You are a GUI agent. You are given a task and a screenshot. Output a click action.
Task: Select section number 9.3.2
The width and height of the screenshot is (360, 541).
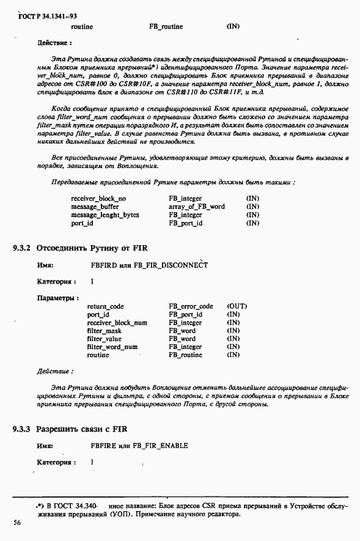coord(22,248)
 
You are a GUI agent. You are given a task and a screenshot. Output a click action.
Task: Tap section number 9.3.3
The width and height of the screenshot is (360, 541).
coord(22,429)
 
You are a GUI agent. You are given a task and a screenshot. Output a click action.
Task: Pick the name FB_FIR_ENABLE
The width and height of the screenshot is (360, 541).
coord(160,446)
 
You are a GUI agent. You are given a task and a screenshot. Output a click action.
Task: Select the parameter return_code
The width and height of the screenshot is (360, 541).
coord(106,306)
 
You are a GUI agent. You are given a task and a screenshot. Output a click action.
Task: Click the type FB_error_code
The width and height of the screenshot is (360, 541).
coord(191,306)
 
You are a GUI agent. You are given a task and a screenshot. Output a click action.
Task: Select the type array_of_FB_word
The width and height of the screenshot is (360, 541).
coord(197,207)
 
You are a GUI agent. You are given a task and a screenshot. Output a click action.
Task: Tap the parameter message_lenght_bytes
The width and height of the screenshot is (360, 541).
coord(105,215)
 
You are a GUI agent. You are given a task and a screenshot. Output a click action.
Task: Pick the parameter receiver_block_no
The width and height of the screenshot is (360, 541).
coord(98,199)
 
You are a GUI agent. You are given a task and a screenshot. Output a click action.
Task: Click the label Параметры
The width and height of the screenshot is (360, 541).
coord(57,298)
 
